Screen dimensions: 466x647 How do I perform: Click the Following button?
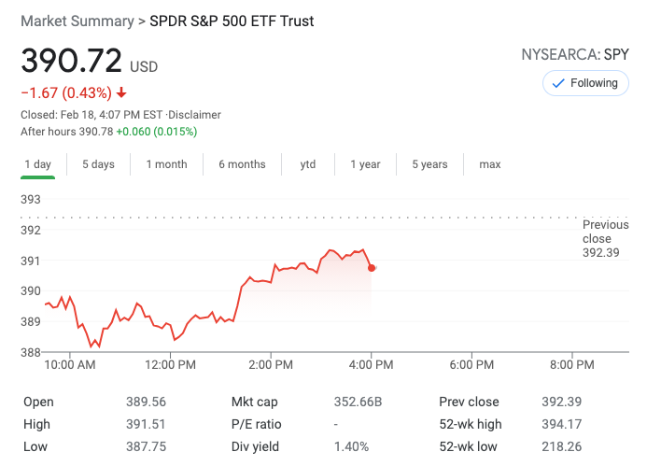[584, 83]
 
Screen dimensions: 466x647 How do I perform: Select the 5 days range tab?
[98, 164]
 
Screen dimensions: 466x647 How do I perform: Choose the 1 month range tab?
[166, 164]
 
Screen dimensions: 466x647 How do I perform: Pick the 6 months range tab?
[242, 164]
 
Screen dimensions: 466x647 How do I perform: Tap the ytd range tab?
[308, 164]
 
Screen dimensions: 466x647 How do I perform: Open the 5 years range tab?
[429, 164]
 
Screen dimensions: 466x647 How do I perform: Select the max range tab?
[490, 164]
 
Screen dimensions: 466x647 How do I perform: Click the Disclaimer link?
[194, 115]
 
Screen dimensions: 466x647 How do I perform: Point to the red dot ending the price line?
[372, 268]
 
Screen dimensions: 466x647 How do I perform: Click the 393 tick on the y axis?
[31, 199]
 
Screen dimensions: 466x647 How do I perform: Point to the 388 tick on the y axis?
[31, 352]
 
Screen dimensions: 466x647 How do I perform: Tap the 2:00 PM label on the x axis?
[272, 365]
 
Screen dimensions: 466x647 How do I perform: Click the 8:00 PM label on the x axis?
[571, 365]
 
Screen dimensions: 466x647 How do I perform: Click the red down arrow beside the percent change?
[121, 92]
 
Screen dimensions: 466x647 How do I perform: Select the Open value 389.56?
[146, 402]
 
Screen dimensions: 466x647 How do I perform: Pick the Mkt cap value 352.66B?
[359, 402]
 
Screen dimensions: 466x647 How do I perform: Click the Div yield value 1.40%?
[351, 446]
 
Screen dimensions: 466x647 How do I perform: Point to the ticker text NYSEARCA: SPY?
[575, 54]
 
